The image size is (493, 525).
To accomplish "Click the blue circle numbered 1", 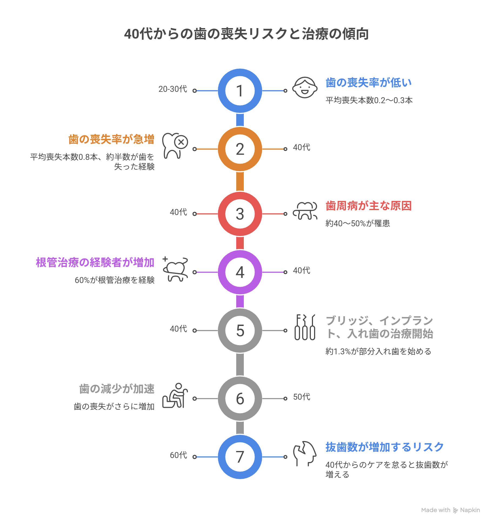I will pyautogui.click(x=240, y=91).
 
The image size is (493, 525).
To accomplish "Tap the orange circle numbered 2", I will pyautogui.click(x=240, y=149).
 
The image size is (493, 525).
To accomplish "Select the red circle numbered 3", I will pyautogui.click(x=240, y=214).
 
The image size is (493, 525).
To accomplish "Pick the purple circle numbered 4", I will pyautogui.click(x=240, y=272).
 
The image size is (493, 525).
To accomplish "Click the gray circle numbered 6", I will pyautogui.click(x=240, y=399).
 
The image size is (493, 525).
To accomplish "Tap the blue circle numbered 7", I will pyautogui.click(x=240, y=457).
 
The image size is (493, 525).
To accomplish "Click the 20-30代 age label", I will pyautogui.click(x=172, y=89).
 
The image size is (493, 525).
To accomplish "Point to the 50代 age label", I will pyautogui.click(x=302, y=397).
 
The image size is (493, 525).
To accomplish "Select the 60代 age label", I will pyautogui.click(x=178, y=455).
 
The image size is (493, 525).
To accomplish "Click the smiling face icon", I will pyautogui.click(x=305, y=87).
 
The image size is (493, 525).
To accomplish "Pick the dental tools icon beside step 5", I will pyautogui.click(x=305, y=327).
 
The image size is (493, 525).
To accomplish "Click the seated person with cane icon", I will pyautogui.click(x=175, y=396).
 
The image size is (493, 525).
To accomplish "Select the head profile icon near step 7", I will pyautogui.click(x=305, y=454).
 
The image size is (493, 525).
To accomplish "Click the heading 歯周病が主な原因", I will pyautogui.click(x=368, y=206).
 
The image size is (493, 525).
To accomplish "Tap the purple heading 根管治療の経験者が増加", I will pyautogui.click(x=95, y=262).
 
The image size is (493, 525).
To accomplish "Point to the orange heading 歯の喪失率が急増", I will pyautogui.click(x=111, y=139).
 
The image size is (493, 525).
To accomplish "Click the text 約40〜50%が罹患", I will pyautogui.click(x=358, y=223).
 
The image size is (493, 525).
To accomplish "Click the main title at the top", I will pyautogui.click(x=246, y=34).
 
